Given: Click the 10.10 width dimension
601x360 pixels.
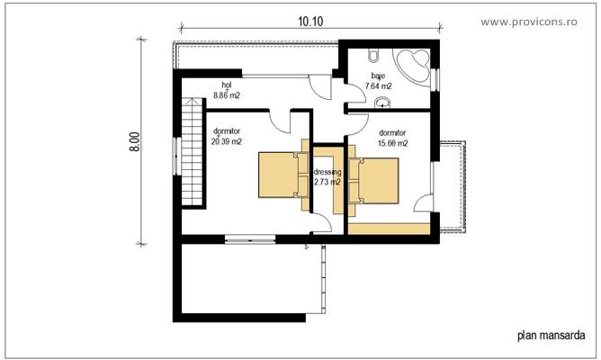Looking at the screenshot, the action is pyautogui.click(x=310, y=22).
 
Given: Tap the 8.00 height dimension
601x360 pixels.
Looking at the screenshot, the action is pyautogui.click(x=135, y=142).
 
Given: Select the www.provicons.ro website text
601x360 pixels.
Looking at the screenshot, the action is pyautogui.click(x=529, y=22).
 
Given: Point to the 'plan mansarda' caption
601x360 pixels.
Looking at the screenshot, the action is pyautogui.click(x=552, y=335).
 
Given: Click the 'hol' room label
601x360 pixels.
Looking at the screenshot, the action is pyautogui.click(x=227, y=85).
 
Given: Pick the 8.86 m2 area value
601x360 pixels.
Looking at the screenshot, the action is pyautogui.click(x=227, y=95).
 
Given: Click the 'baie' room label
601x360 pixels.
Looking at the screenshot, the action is pyautogui.click(x=378, y=76).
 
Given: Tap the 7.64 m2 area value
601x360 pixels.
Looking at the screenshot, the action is pyautogui.click(x=378, y=86).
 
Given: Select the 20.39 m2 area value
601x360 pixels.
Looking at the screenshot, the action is pyautogui.click(x=227, y=141).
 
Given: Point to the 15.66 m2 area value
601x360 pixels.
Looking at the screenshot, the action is pyautogui.click(x=393, y=143).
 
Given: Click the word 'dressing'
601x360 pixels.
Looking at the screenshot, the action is pyautogui.click(x=327, y=172).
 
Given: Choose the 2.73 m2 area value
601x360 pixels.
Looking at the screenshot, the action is pyautogui.click(x=327, y=182).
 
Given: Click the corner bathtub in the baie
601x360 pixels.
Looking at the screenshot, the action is pyautogui.click(x=412, y=65).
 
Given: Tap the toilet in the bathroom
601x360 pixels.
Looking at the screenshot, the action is pyautogui.click(x=373, y=56).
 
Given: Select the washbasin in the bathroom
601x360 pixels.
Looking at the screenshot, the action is pyautogui.click(x=382, y=103).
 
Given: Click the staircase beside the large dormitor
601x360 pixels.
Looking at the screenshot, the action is pyautogui.click(x=192, y=152).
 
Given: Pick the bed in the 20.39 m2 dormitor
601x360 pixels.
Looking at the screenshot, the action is pyautogui.click(x=283, y=175).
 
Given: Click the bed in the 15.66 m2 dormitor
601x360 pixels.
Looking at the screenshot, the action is pyautogui.click(x=373, y=180).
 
